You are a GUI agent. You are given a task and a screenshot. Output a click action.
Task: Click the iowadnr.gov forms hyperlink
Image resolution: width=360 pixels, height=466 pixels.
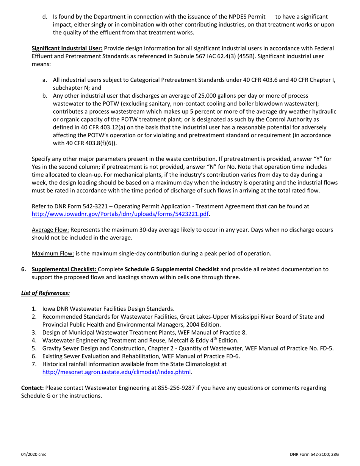120,214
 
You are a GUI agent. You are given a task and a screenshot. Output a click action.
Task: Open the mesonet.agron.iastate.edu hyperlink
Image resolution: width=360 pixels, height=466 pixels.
116,372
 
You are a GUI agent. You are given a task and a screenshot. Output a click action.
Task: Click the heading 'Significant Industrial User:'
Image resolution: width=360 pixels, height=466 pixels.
67,48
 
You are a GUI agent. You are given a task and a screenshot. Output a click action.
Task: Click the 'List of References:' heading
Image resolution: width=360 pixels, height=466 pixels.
45,293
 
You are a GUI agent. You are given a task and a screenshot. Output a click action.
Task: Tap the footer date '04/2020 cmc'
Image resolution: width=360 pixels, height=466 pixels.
33,454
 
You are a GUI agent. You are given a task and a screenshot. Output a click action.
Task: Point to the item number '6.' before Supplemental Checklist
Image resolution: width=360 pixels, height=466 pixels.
24,269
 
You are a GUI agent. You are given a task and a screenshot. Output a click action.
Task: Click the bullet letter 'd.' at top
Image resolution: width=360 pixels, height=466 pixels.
45,17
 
